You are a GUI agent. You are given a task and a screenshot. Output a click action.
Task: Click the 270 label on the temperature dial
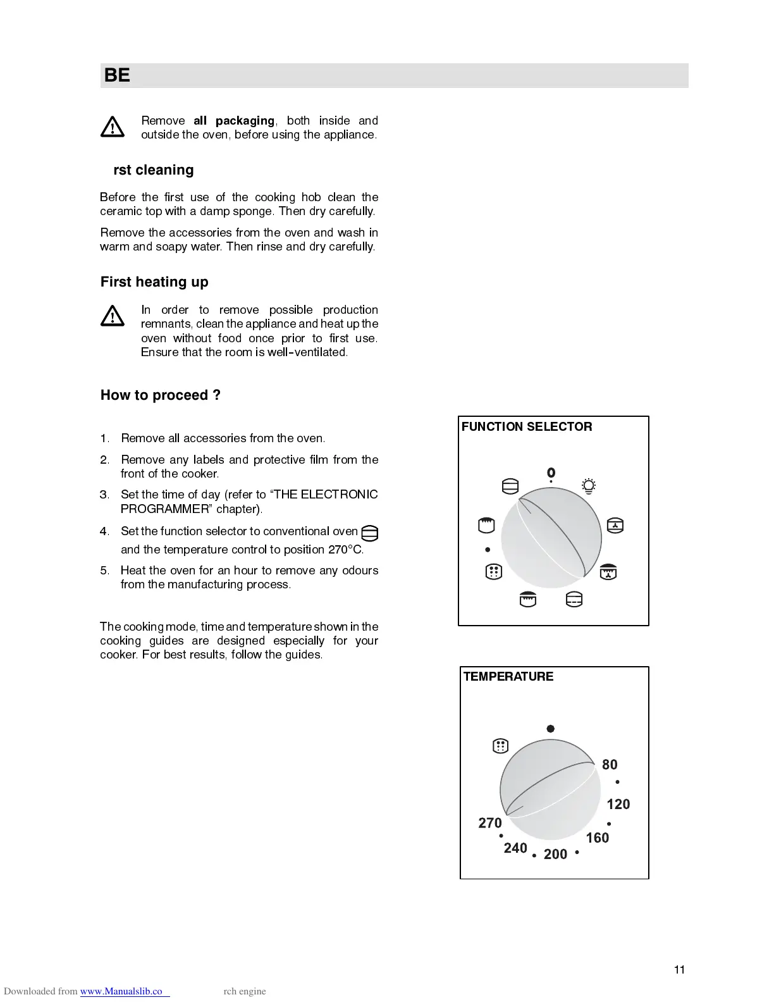point(490,823)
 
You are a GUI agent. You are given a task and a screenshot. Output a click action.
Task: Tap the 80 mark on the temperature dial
point(610,765)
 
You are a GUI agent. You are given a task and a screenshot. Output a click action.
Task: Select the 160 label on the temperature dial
point(598,838)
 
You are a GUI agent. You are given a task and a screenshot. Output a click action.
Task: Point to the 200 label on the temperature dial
point(555,855)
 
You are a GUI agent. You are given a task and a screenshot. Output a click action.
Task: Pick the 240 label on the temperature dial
point(515,848)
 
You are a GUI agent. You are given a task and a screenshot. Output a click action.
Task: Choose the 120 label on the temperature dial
point(618,805)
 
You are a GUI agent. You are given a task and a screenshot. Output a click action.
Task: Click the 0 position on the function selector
point(551,473)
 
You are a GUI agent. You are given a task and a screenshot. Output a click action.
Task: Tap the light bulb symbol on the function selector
point(589,486)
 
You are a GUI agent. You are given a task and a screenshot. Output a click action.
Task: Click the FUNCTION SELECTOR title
point(527,427)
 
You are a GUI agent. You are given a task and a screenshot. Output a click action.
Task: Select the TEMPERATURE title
point(508,677)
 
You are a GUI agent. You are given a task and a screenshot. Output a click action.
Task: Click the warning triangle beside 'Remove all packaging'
point(113,127)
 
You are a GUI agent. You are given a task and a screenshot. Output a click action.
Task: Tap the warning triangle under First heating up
point(113,316)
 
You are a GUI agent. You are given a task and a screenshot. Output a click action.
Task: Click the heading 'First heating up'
point(154,282)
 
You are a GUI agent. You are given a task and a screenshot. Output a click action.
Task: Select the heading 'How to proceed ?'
point(161,395)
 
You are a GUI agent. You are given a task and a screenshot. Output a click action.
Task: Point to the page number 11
point(679,970)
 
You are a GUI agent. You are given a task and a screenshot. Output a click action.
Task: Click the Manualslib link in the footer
point(125,991)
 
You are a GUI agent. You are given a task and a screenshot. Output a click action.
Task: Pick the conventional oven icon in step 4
point(370,533)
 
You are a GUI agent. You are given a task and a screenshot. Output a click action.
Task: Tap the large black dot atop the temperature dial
point(551,729)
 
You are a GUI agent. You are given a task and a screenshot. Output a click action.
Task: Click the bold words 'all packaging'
point(234,121)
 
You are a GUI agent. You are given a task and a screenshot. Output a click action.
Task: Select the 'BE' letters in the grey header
point(117,75)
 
